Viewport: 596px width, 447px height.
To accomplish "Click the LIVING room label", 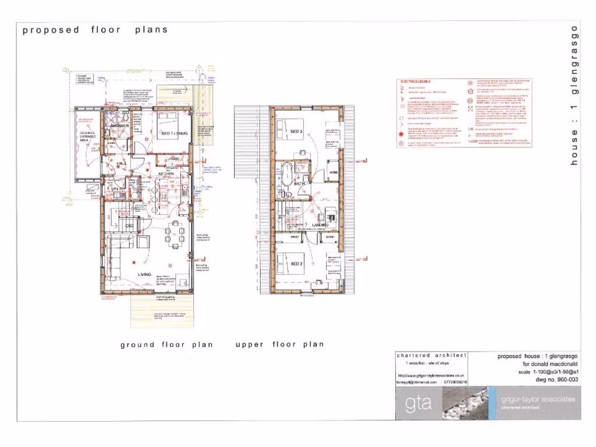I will [x=144, y=274].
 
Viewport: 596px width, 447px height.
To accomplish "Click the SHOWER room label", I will [x=120, y=125].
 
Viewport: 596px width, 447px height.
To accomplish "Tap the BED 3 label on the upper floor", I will [x=296, y=132].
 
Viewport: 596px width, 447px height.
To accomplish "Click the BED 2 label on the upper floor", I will [x=296, y=264].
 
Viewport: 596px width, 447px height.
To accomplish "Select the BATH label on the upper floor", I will [x=300, y=183].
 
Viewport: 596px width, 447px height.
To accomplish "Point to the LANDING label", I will [x=320, y=225].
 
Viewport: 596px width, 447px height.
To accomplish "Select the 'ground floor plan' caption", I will [x=166, y=345].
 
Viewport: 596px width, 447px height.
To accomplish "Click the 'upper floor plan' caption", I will [x=279, y=345].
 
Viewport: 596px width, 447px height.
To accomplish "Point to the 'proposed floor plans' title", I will [x=95, y=30].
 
